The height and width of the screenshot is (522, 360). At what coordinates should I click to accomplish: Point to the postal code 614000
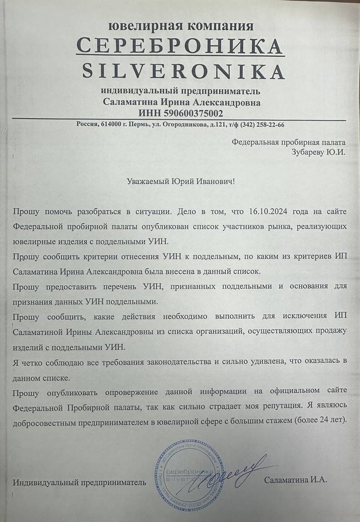pyautogui.click(x=112, y=124)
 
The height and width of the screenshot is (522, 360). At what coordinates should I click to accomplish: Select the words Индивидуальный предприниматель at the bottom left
pyautogui.click(x=81, y=482)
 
